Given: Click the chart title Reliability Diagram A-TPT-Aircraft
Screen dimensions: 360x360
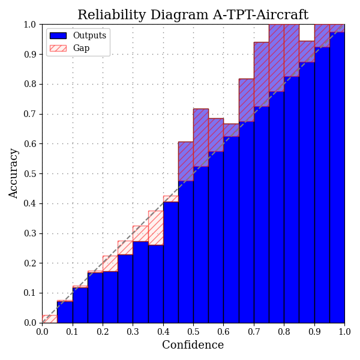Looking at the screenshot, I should pyautogui.click(x=193, y=15).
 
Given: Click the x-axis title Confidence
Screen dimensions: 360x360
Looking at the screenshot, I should pyautogui.click(x=193, y=345).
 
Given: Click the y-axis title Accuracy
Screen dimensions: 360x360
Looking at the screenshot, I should pyautogui.click(x=14, y=173).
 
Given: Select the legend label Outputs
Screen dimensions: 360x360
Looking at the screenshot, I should pyautogui.click(x=89, y=35).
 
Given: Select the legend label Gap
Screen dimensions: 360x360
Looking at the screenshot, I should pyautogui.click(x=81, y=48).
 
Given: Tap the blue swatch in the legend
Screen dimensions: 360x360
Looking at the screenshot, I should pyautogui.click(x=58, y=35).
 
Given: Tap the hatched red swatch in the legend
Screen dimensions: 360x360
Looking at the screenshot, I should pyautogui.click(x=58, y=48).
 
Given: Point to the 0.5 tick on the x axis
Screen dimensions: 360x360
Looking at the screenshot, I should pyautogui.click(x=193, y=323).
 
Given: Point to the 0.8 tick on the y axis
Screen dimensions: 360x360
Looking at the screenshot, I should pyautogui.click(x=42, y=84).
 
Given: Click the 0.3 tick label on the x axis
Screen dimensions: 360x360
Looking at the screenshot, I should pyautogui.click(x=133, y=331).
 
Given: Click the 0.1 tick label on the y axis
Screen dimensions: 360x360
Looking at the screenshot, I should pyautogui.click(x=31, y=293).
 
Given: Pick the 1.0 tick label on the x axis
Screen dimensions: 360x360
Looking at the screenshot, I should pyautogui.click(x=344, y=331).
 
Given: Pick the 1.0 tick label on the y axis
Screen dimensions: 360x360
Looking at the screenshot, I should pyautogui.click(x=31, y=25).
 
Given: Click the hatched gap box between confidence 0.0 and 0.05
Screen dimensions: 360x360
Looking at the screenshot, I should pyautogui.click(x=50, y=319).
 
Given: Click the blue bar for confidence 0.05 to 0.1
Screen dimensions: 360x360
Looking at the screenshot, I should pyautogui.click(x=65, y=312).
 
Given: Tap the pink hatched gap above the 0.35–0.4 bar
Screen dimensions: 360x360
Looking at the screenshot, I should pyautogui.click(x=155, y=228).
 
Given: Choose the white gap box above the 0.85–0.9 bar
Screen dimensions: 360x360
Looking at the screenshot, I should pyautogui.click(x=307, y=32).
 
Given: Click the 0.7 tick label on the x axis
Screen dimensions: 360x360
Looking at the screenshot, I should pyautogui.click(x=254, y=331).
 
